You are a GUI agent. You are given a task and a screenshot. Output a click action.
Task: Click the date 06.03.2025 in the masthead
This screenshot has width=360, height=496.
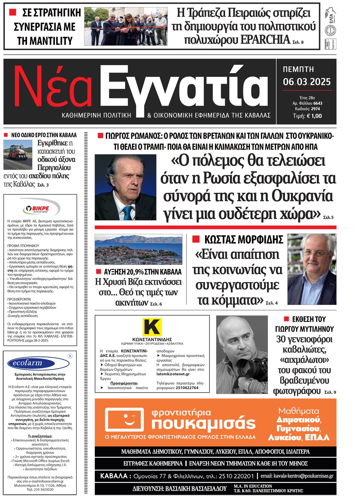click(307, 82)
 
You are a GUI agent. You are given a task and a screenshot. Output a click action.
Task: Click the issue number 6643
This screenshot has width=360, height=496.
click(318, 103)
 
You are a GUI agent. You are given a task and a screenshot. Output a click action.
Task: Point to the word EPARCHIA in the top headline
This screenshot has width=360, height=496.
click(265, 39)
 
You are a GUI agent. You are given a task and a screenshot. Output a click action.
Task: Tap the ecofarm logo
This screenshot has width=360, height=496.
click(28, 363)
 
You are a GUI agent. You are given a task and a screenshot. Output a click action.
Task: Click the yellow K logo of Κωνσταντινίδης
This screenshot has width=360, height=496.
click(152, 327)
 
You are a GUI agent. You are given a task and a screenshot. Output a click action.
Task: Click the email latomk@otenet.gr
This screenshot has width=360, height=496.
click(173, 374)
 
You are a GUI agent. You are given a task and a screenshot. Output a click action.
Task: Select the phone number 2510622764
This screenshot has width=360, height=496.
click(187, 388)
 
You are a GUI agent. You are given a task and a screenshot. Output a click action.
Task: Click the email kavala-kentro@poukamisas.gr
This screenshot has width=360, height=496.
click(297, 476)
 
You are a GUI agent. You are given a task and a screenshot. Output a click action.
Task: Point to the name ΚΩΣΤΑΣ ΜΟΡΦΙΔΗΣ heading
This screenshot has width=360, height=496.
click(243, 240)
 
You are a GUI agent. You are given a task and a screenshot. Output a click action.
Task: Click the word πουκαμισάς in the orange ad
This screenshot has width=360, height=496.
click(203, 424)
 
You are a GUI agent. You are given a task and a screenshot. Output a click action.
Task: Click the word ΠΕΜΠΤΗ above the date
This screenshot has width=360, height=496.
click(298, 69)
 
